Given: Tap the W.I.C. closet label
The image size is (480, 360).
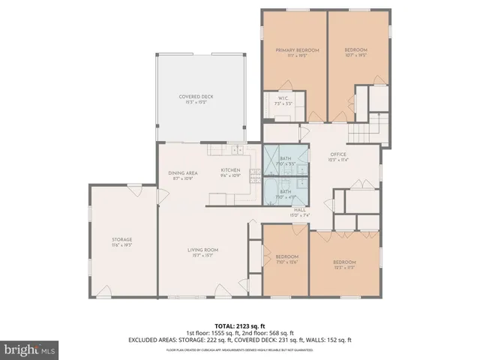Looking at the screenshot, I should coord(283,100).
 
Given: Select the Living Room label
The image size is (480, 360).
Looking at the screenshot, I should coord(202,253).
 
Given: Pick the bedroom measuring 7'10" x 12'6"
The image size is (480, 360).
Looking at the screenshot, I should coord(286,259).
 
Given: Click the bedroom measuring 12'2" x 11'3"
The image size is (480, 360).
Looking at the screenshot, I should coord(345,264).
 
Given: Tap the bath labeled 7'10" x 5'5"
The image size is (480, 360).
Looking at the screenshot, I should coord(286,160).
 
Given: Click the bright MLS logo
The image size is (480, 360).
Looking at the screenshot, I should coord(30,349).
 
